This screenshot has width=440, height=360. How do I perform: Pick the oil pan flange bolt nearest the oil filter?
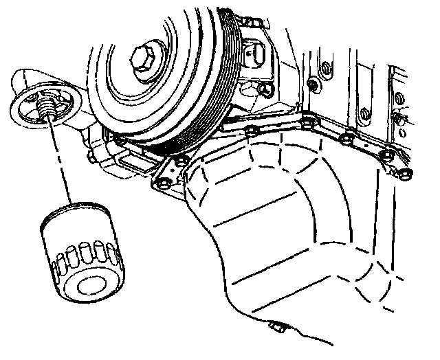point(163,184)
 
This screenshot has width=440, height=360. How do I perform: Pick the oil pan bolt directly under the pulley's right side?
point(250,130)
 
